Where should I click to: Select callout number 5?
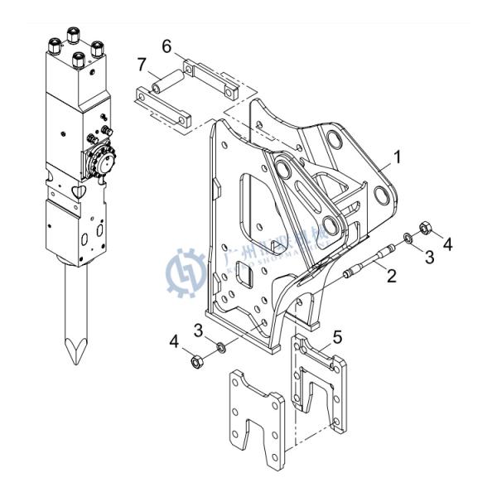[x=337, y=335]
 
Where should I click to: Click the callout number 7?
[x=142, y=65]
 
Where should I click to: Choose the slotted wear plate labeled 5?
[x=319, y=389]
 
